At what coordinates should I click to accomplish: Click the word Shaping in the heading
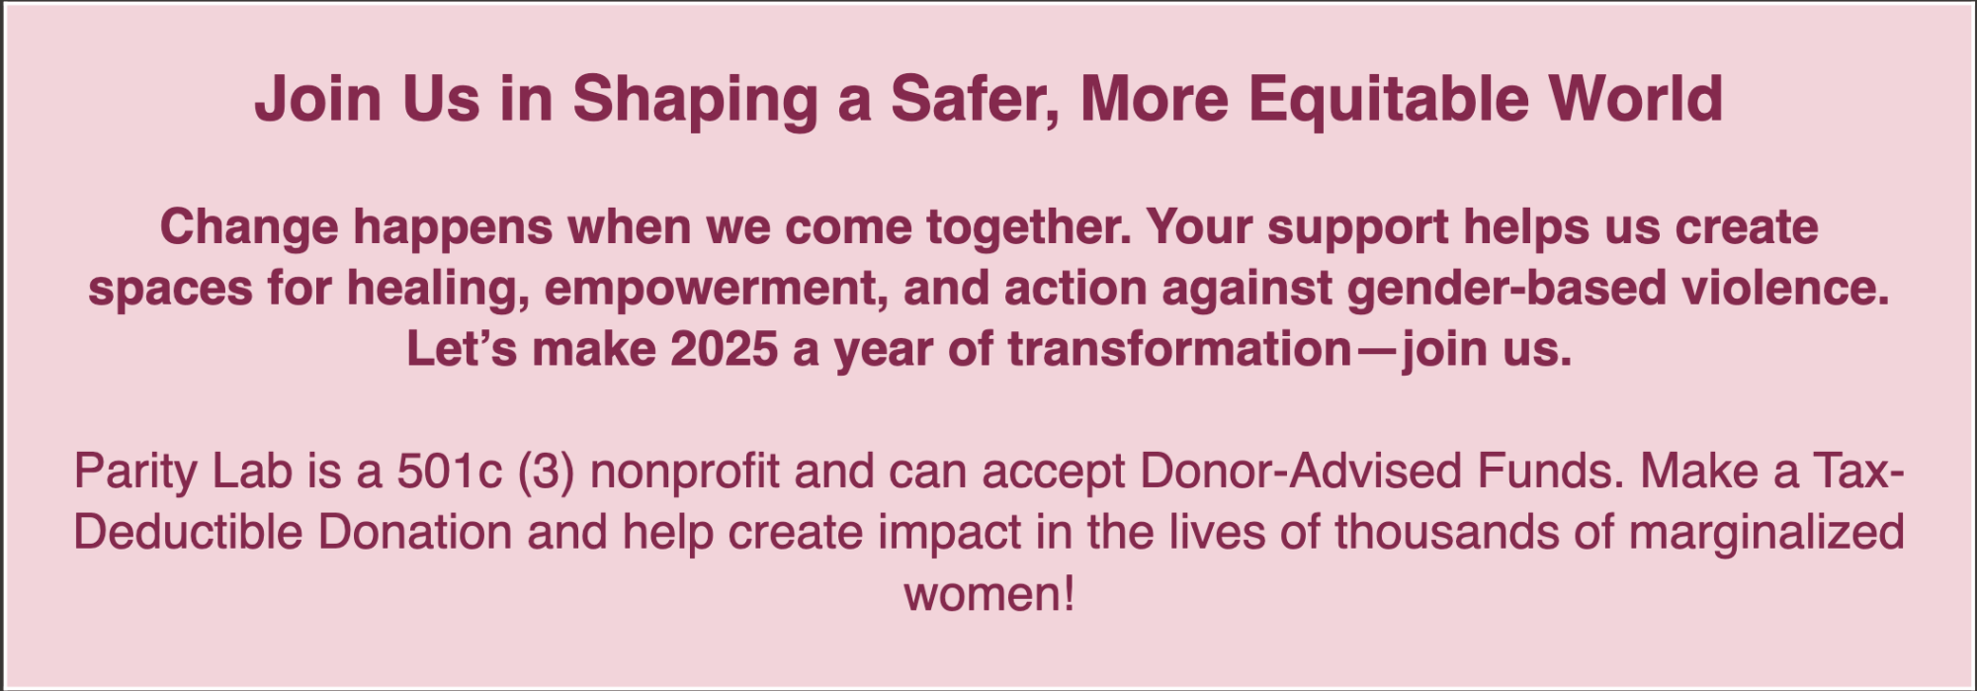(695, 101)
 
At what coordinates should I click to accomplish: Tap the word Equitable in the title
(1388, 101)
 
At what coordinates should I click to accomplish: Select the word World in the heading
(1635, 98)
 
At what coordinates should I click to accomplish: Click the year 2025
(724, 349)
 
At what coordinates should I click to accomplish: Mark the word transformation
(1179, 349)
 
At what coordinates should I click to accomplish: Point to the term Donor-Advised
(1300, 471)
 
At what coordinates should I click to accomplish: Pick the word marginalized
(1766, 534)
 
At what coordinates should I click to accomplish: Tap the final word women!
(988, 594)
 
